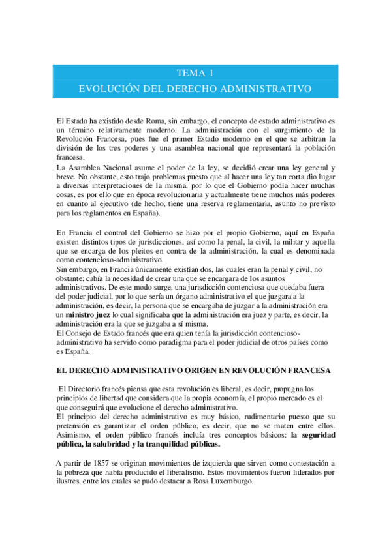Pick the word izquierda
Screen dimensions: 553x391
(216, 463)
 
